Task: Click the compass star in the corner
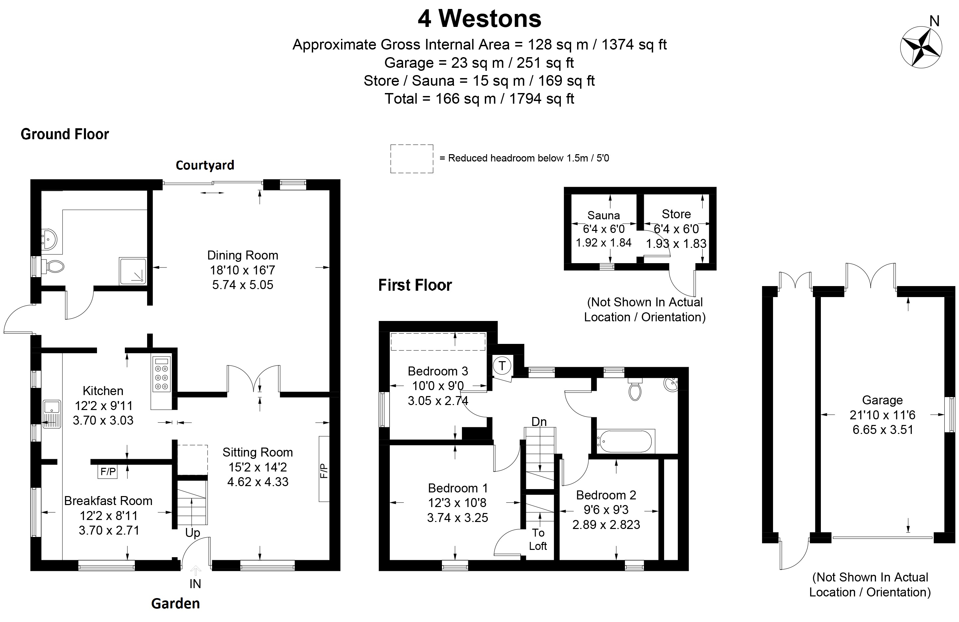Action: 921,47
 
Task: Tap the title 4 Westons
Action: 480,19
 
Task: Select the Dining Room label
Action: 242,255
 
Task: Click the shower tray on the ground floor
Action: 132,271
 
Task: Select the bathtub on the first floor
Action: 625,441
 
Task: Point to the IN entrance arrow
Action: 196,571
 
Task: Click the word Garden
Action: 175,603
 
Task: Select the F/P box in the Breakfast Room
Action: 108,471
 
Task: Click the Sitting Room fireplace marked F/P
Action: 324,469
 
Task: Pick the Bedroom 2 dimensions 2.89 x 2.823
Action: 606,524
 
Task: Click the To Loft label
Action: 538,539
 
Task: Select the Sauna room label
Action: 604,215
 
